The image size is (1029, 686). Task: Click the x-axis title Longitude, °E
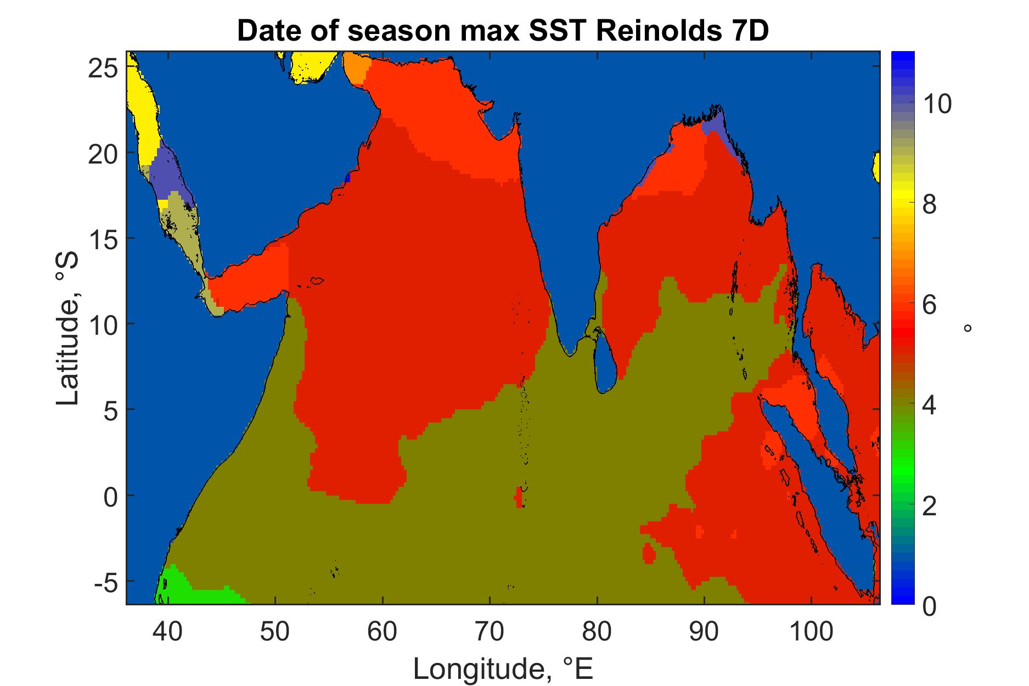click(503, 669)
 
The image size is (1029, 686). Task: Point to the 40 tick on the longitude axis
click(167, 633)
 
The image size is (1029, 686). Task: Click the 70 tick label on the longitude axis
click(490, 633)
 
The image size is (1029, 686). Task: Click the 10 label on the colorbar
click(936, 103)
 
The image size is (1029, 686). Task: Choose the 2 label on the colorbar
click(929, 507)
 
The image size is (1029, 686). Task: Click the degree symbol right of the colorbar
click(968, 328)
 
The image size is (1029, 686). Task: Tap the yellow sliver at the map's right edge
click(876, 167)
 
